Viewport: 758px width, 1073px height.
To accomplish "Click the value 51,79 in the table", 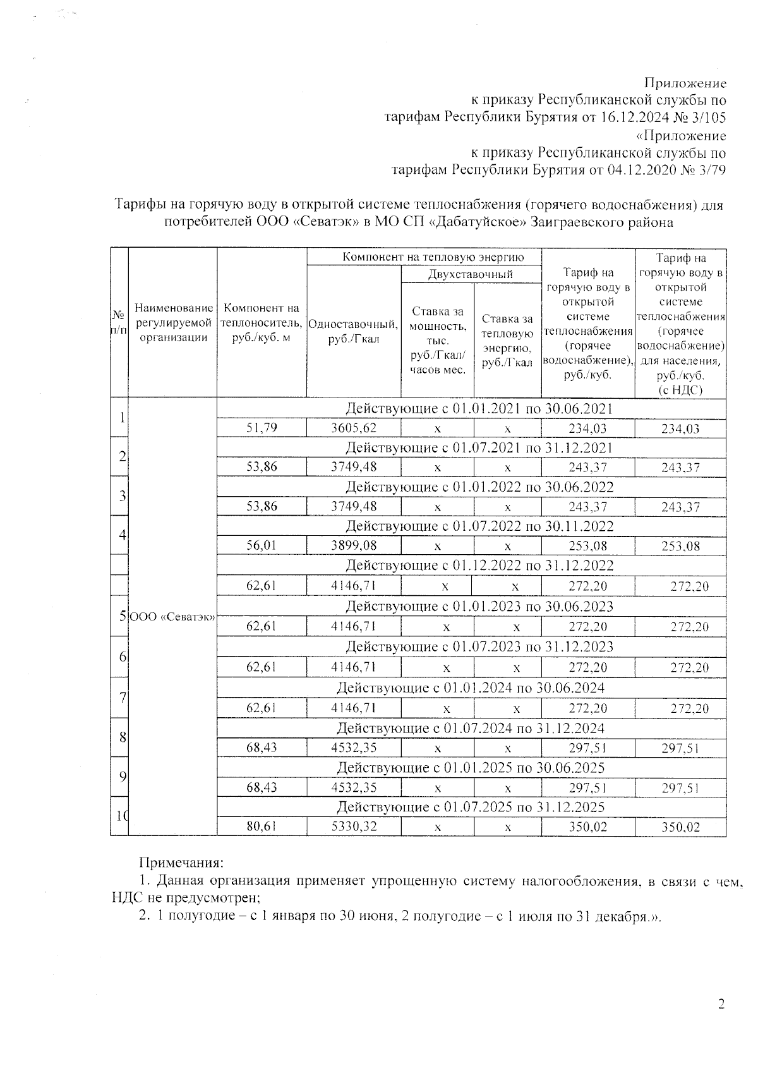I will (x=262, y=428).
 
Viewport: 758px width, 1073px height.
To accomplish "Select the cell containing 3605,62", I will (x=354, y=428).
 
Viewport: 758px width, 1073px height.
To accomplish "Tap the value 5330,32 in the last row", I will (x=354, y=826).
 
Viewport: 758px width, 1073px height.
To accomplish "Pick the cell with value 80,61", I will (x=262, y=826).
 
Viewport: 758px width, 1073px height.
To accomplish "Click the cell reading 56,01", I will (x=262, y=545).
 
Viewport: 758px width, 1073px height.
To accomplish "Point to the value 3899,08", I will (x=354, y=545).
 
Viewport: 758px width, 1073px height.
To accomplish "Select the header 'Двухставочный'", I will (x=471, y=274).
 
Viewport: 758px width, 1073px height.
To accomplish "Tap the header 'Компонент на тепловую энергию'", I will (x=424, y=257).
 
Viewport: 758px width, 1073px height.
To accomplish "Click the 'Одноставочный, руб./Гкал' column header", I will (x=354, y=332).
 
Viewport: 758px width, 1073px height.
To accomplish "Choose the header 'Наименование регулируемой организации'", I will (x=173, y=322).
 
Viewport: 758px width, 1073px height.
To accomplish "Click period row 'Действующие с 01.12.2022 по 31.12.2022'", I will (x=479, y=565).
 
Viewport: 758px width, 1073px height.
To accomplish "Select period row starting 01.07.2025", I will (x=471, y=806).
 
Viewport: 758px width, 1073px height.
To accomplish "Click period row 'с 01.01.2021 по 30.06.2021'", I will (x=479, y=408).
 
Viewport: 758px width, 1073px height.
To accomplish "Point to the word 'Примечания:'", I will (x=181, y=863).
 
